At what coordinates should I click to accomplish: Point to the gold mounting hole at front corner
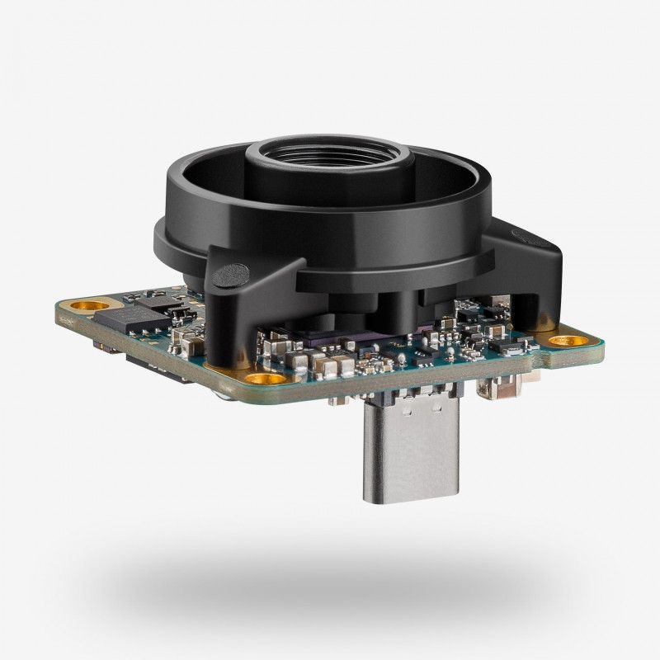tap(262, 379)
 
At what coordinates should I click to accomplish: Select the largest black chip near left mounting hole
tap(116, 320)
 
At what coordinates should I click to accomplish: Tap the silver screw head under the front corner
tap(223, 394)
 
